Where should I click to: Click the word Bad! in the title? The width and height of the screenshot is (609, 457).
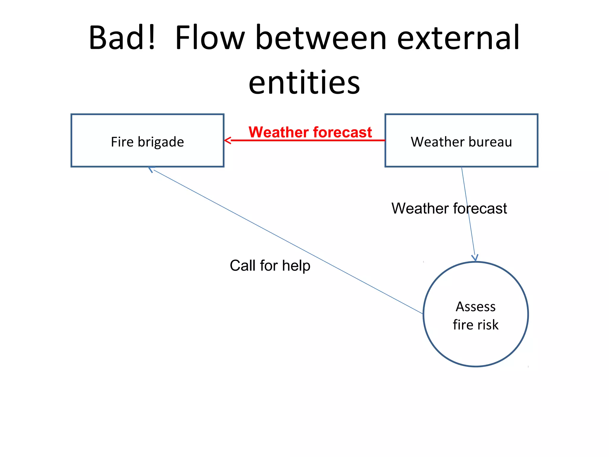tap(122, 38)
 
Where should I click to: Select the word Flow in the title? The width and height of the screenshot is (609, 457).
tap(210, 38)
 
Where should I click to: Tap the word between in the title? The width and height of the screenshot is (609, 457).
tap(321, 38)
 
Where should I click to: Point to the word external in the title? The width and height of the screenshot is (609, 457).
tap(458, 38)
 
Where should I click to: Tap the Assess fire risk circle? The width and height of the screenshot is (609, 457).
tap(475, 345)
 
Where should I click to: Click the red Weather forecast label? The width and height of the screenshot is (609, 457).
tap(310, 132)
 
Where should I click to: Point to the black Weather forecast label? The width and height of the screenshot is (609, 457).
tap(449, 208)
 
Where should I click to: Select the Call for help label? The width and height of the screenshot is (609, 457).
tap(270, 265)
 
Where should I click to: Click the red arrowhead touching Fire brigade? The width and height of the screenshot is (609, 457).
tap(227, 140)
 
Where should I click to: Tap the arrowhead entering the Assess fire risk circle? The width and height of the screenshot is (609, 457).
tap(475, 258)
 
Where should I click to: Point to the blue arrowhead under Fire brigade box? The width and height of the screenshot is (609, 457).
tap(151, 169)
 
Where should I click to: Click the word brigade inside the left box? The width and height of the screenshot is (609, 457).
tap(161, 142)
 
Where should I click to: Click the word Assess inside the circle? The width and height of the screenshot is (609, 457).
tap(475, 307)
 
